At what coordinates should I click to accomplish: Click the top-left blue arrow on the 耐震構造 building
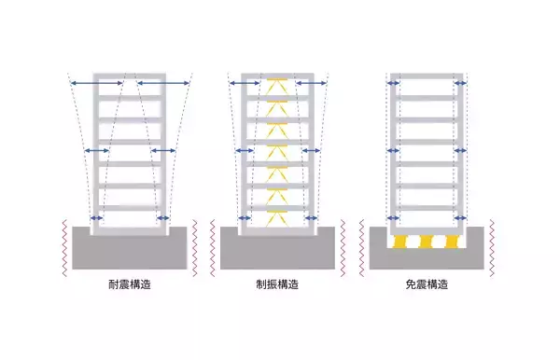coord(96,84)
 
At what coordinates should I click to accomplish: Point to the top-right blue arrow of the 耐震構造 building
coord(164,84)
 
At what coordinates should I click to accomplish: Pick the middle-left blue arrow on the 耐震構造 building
coord(97,150)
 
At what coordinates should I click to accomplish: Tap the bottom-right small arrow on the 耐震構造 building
coord(163,219)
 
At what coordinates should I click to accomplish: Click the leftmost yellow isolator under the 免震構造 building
coord(405,242)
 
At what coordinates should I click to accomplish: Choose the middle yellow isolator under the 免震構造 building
coord(427,242)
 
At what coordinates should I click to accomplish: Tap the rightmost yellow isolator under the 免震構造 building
coord(449,242)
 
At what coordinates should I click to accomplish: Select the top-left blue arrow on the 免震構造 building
coord(393,84)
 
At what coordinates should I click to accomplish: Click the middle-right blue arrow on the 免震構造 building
coord(460,150)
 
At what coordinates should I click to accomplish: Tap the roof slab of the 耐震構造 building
coord(131,74)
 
